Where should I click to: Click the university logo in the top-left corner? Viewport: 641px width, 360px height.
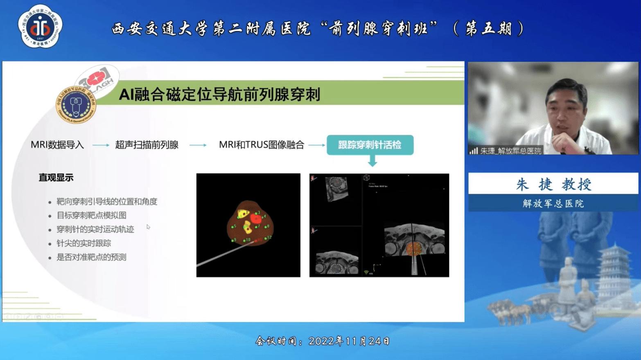click(40, 27)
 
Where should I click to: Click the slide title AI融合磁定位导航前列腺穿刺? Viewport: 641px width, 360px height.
click(219, 94)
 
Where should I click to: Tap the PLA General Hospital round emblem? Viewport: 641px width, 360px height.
click(76, 105)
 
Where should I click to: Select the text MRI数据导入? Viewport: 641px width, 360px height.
click(57, 145)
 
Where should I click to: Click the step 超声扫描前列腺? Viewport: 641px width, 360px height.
click(147, 145)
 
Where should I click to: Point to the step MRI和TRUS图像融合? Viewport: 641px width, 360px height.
click(262, 145)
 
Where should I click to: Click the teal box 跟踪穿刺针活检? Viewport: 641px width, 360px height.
click(370, 145)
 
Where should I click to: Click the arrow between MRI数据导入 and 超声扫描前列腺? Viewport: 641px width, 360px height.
click(100, 145)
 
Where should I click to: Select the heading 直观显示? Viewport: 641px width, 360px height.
click(56, 178)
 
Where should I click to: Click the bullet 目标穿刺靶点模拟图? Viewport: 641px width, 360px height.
click(91, 215)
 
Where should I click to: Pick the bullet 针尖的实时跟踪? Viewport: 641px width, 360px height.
click(84, 243)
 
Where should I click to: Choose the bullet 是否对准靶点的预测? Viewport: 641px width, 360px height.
click(91, 257)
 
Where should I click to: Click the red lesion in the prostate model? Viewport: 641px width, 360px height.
click(256, 219)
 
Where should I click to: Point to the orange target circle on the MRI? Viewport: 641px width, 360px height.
click(414, 248)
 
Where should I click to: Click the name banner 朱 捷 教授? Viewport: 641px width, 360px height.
click(553, 184)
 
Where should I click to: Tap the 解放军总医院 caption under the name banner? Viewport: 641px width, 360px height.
click(553, 203)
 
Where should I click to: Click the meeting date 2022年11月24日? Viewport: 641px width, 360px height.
click(349, 341)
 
